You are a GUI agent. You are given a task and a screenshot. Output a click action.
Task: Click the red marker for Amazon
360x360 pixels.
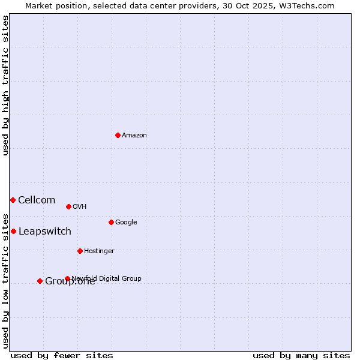[x=118, y=135]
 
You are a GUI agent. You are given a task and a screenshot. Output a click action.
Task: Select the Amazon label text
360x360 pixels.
[x=134, y=136]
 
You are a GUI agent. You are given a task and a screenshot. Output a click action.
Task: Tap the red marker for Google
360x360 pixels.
[x=111, y=222]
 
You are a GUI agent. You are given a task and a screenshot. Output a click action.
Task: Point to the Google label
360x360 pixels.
[x=126, y=223]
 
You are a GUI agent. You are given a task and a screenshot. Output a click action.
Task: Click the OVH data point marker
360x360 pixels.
[x=68, y=206]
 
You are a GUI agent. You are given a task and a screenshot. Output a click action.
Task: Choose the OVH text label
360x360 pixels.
[x=80, y=207]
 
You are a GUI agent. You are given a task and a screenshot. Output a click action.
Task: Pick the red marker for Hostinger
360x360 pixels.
[x=80, y=251]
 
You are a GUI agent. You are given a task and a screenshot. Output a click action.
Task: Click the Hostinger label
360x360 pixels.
[x=99, y=251]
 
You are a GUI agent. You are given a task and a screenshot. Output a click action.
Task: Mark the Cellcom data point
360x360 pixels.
[x=13, y=200]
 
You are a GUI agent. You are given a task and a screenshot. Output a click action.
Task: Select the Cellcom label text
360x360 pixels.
[x=37, y=200]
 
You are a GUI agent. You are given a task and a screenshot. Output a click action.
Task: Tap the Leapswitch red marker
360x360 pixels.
[x=13, y=231]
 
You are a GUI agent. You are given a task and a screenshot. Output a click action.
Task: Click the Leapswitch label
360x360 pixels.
[x=45, y=232]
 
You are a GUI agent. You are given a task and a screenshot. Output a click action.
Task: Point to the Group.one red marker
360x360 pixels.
[x=40, y=281]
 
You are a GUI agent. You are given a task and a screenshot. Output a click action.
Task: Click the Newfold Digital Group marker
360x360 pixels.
[x=67, y=278]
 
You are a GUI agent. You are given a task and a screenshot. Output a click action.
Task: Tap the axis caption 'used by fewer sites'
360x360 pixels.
[x=62, y=356]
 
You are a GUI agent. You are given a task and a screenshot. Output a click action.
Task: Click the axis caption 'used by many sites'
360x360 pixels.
[x=301, y=356]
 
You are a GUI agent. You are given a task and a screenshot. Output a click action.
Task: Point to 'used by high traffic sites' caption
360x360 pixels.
[x=6, y=85]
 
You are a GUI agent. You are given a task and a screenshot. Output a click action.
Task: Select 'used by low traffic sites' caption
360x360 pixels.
[x=6, y=280]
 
